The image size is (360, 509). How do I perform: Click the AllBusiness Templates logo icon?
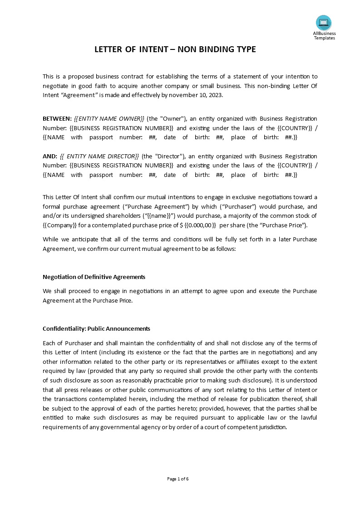tap(324, 23)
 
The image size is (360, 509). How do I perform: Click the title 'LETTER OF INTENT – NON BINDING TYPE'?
tap(175, 49)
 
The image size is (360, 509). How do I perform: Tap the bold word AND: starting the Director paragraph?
tap(49, 157)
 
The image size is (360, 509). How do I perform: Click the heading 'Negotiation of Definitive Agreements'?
tap(94, 277)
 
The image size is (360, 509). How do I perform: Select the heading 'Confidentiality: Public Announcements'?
tap(96, 328)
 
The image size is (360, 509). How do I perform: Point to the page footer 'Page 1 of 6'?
tap(178, 479)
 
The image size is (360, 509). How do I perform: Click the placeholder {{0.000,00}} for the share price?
tap(200, 225)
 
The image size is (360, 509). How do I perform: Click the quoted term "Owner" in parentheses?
tap(172, 119)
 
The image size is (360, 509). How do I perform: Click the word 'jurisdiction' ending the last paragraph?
tap(271, 427)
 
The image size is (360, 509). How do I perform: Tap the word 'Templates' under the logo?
tap(325, 38)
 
